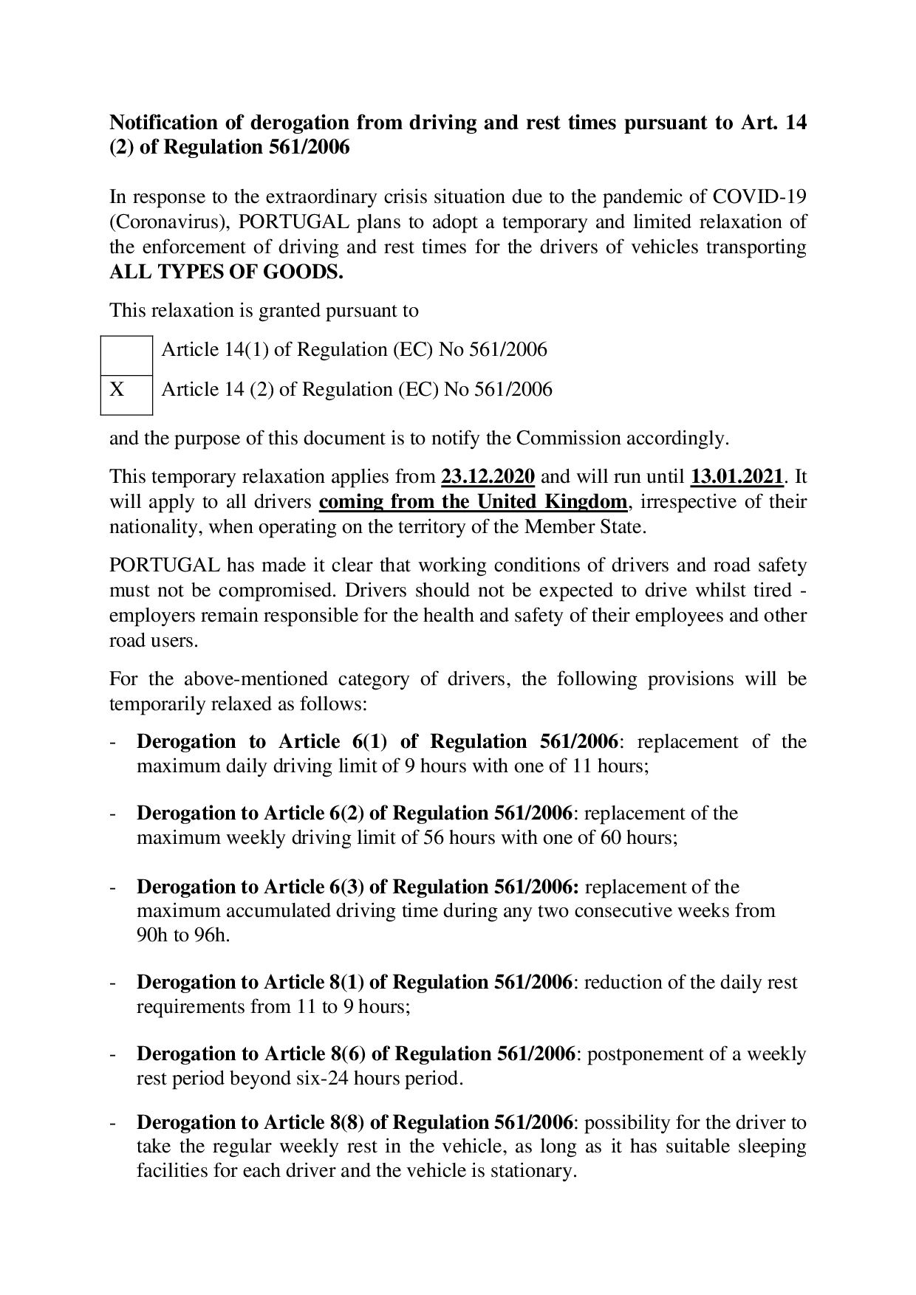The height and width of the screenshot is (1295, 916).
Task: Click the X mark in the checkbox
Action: [x=117, y=389]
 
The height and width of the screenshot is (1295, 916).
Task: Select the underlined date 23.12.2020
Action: [x=488, y=476]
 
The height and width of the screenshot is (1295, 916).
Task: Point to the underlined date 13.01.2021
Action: [x=736, y=476]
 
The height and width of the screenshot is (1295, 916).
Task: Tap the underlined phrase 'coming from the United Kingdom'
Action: [x=474, y=502]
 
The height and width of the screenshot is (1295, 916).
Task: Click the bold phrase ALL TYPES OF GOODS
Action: [x=226, y=272]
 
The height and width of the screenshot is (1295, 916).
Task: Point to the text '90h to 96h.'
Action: [x=183, y=935]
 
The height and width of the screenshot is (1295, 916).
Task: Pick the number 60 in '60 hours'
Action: [x=608, y=838]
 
